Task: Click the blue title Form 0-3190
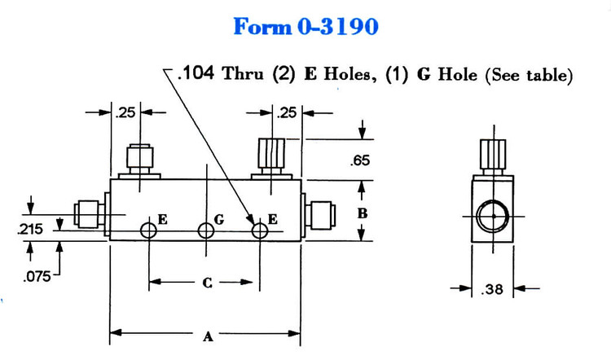tap(305, 27)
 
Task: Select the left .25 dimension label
tap(124, 113)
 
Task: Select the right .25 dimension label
tap(287, 113)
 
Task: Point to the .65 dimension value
tap(360, 160)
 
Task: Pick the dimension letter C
tap(207, 283)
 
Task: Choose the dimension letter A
tap(207, 336)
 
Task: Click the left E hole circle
tap(148, 230)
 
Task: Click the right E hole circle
tap(259, 230)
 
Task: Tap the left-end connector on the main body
tap(87, 214)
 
